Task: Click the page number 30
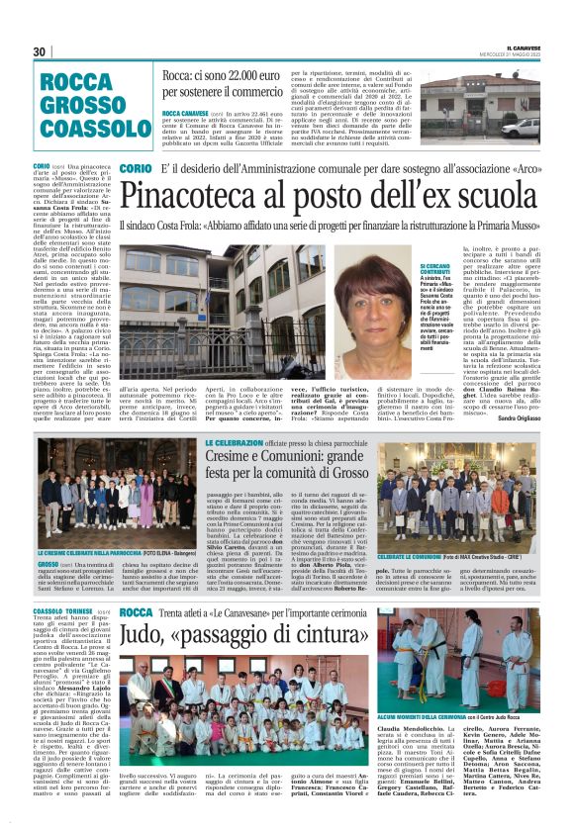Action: click(40, 51)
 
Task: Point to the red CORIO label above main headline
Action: click(136, 169)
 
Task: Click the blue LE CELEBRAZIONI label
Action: click(235, 442)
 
